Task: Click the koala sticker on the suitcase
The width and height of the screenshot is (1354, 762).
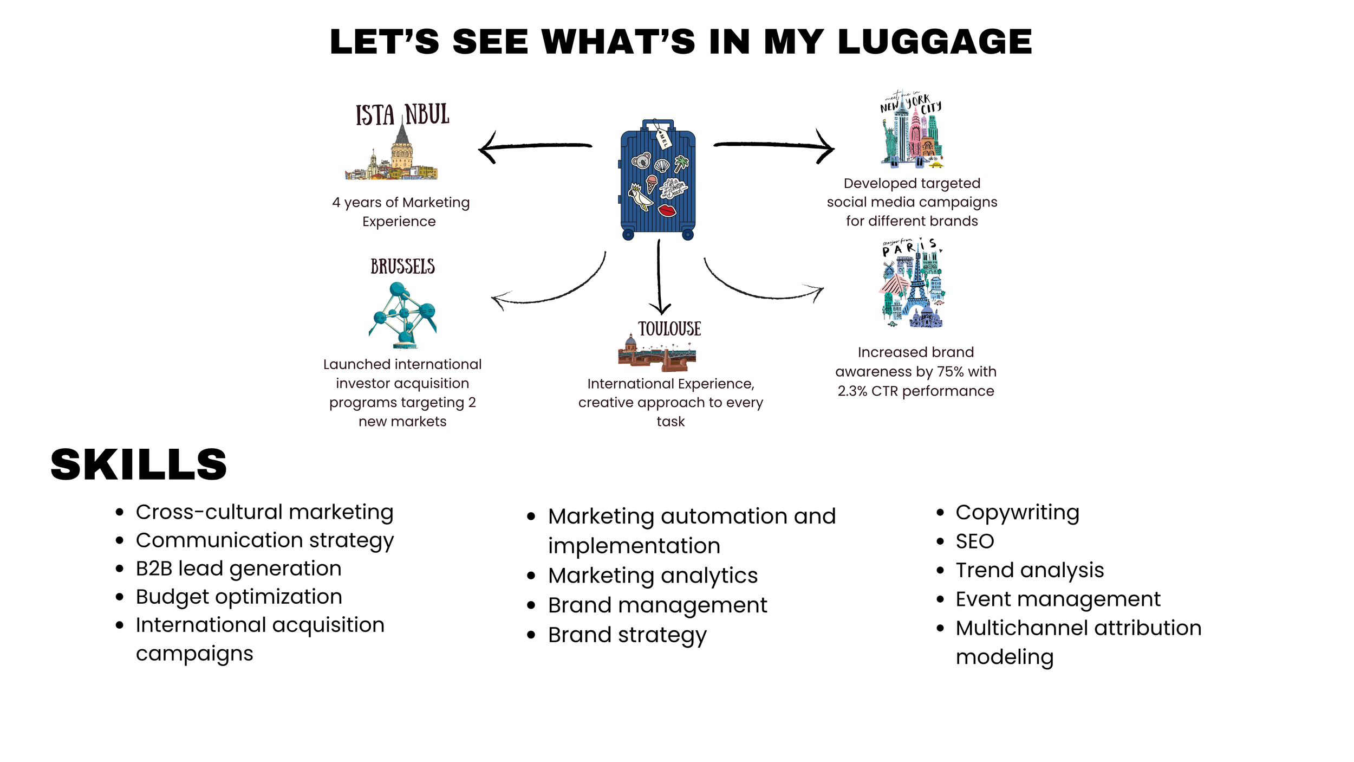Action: point(641,160)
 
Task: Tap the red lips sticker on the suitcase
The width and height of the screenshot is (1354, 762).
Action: point(667,210)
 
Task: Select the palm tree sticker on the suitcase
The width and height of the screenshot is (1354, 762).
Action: point(681,162)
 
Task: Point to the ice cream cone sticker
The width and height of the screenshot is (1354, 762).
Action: point(652,183)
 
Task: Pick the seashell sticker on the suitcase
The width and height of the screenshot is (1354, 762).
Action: point(662,165)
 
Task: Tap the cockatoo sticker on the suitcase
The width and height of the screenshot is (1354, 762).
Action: point(640,196)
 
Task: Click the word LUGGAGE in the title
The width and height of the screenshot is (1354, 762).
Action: point(934,42)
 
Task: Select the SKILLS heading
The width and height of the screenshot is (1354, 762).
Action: point(139,464)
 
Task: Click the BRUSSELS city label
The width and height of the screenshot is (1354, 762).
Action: point(402,267)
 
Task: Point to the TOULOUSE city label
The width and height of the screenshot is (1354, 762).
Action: point(669,329)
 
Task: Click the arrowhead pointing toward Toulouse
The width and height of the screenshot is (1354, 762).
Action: point(660,309)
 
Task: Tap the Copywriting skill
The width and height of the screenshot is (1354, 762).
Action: point(1017,512)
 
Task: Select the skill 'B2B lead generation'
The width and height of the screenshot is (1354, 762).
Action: point(238,569)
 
